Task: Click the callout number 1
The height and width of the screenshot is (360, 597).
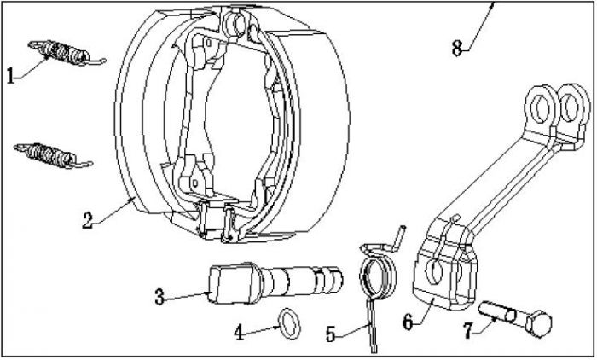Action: (x=11, y=77)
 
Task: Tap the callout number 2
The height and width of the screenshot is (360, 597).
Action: (x=88, y=220)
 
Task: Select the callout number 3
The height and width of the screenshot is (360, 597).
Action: (x=159, y=297)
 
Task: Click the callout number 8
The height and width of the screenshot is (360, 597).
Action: (x=457, y=49)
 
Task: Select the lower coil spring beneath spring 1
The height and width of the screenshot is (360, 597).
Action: (x=51, y=154)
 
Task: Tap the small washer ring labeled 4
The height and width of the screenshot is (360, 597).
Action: (x=289, y=322)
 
